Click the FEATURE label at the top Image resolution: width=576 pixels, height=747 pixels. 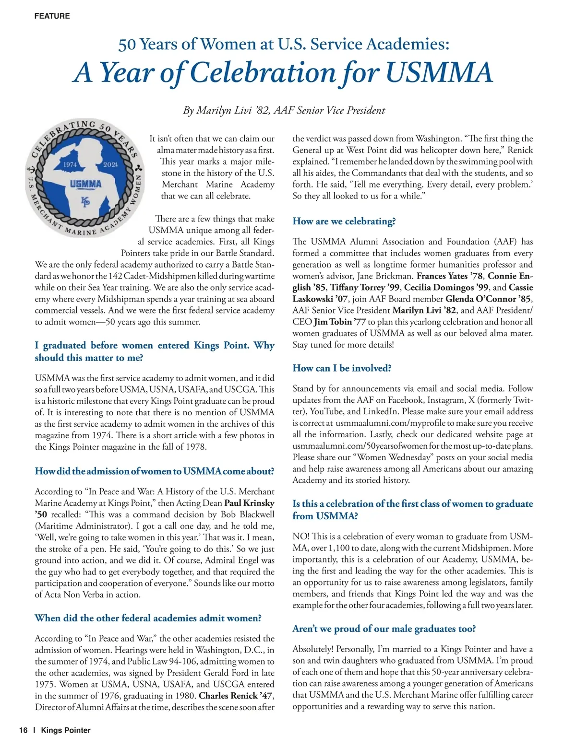point(52,16)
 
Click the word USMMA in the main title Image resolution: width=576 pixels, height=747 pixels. point(439,72)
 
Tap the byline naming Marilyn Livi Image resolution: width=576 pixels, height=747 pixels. point(284,110)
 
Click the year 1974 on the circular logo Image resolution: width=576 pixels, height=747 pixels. point(70,164)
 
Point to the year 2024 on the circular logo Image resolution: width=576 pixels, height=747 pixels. point(110,164)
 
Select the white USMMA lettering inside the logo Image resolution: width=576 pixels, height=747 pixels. point(85,184)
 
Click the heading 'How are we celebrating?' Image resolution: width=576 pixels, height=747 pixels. point(344,221)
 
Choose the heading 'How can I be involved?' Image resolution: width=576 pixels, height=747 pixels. point(342,368)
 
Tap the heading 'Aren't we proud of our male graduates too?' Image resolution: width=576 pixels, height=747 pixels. point(384,629)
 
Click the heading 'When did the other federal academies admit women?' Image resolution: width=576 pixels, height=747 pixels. point(148,618)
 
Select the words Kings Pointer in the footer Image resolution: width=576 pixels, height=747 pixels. point(66,730)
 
